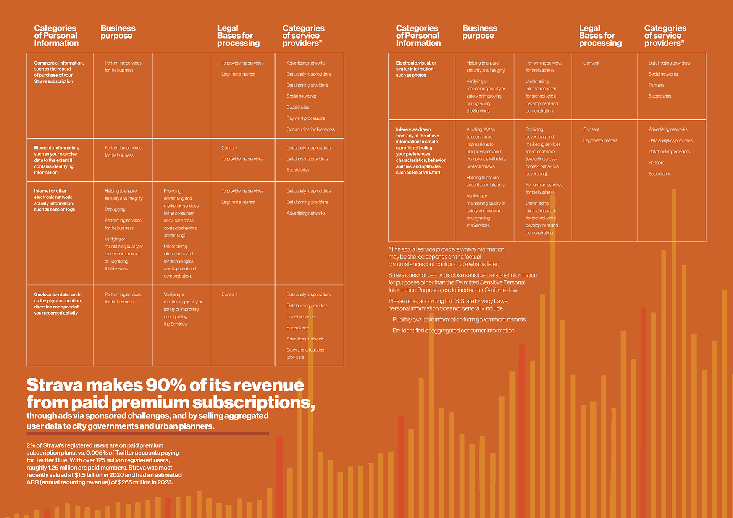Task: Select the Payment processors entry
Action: [305, 118]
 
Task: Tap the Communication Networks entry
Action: [310, 129]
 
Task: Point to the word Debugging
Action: [115, 210]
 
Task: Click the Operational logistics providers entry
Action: [305, 353]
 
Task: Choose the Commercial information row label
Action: [58, 72]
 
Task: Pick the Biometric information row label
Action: [56, 160]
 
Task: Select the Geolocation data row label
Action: [58, 303]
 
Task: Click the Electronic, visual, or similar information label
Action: [416, 69]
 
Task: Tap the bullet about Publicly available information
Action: [459, 320]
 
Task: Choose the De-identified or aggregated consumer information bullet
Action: [454, 331]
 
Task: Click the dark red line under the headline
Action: [147, 434]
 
